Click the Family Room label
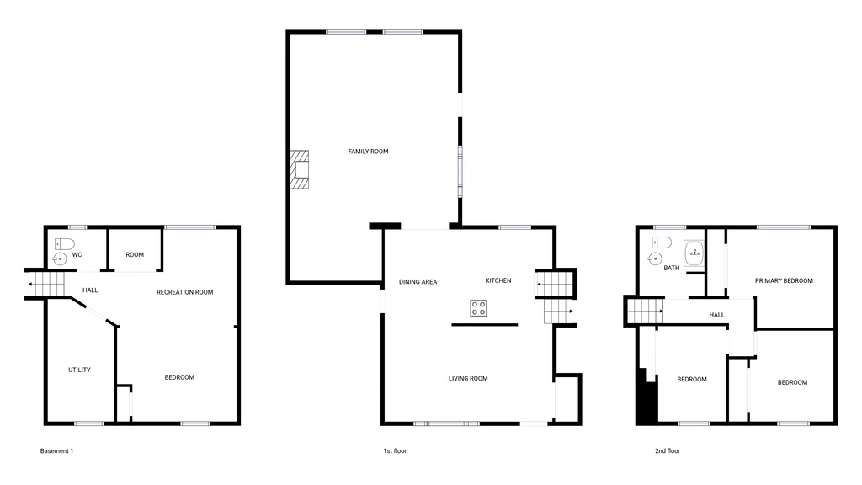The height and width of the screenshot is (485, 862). point(368,152)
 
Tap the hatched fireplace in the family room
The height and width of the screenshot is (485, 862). point(300,170)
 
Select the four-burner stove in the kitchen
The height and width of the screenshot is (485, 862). point(478,308)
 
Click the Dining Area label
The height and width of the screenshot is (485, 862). point(418,281)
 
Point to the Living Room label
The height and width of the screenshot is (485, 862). point(468,379)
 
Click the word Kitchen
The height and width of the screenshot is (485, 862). point(498,280)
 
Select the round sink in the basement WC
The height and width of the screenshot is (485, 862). point(61,258)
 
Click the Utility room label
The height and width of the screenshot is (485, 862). point(80,370)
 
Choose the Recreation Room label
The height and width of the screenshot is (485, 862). point(184,292)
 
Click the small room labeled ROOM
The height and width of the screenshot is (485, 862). point(135,254)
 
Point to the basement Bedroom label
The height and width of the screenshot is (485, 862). point(179,377)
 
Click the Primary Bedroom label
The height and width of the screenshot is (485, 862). point(784,280)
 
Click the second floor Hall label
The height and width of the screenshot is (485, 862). point(717,315)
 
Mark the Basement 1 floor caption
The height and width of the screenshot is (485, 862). point(56,451)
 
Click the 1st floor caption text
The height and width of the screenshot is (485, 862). point(395,451)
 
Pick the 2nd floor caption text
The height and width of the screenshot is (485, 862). point(668,451)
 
